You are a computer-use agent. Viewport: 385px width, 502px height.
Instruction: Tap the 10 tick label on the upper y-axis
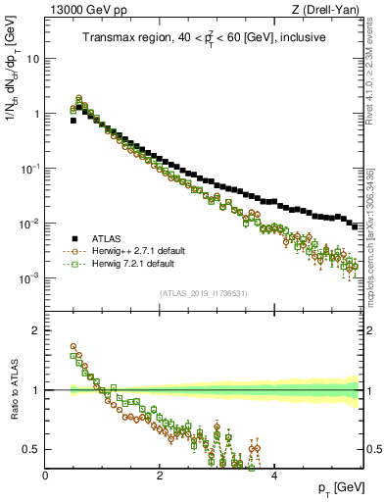[x=32, y=59]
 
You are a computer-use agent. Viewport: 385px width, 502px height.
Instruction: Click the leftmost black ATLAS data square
[x=73, y=121]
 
